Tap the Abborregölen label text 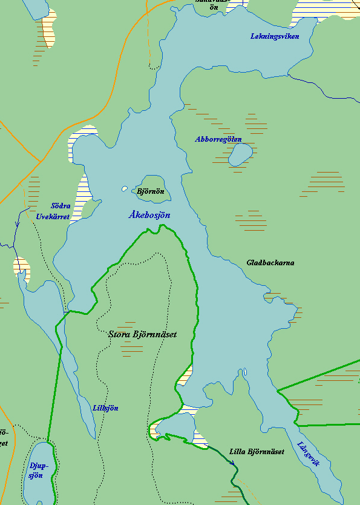pos(218,139)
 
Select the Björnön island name pos(151,191)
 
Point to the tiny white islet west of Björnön pos(125,189)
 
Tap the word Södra pos(61,206)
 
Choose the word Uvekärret pos(53,216)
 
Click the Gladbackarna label pos(270,263)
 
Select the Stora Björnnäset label pos(142,334)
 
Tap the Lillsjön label pos(105,408)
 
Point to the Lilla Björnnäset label pos(257,452)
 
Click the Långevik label pos(309,454)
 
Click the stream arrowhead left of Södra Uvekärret pos(17,223)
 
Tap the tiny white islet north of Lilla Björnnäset pos(245,372)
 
